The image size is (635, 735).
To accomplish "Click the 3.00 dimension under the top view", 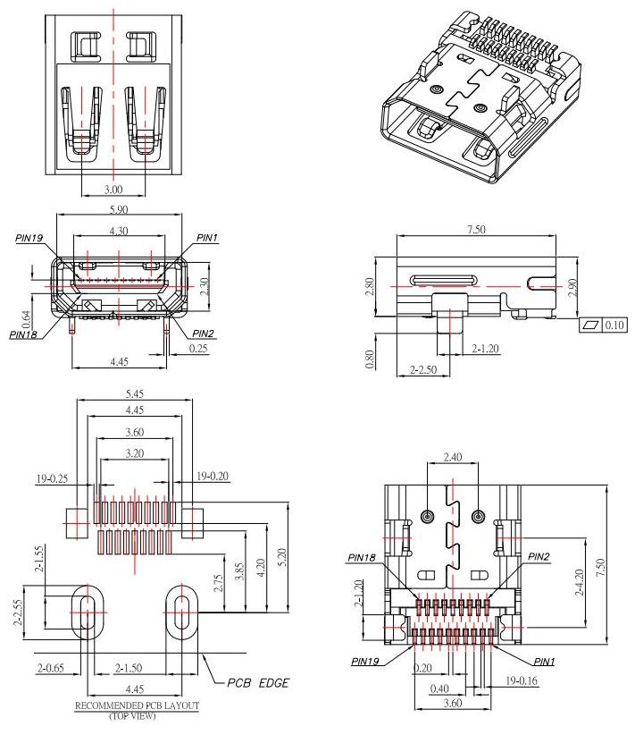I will click(x=113, y=190).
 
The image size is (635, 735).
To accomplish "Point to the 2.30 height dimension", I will click(x=204, y=286).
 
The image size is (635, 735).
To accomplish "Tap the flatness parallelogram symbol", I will click(x=589, y=325).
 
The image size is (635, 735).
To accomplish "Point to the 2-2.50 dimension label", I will click(x=423, y=368).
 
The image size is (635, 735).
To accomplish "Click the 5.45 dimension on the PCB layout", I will click(x=135, y=393).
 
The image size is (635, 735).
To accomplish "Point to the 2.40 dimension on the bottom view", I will click(x=453, y=457).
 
